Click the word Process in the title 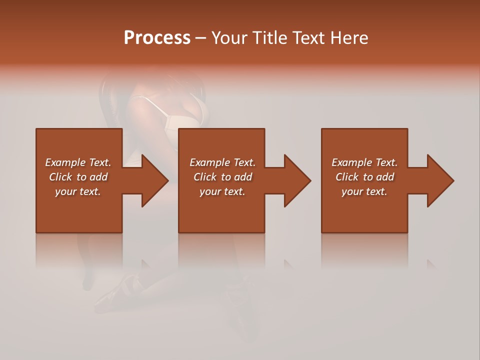click(x=157, y=38)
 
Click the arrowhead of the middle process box click(x=297, y=180)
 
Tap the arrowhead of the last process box click(x=440, y=180)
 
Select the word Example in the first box click(x=65, y=162)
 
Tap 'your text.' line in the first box click(x=78, y=191)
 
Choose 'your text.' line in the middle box click(x=222, y=191)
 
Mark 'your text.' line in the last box click(x=364, y=191)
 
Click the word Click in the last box click(x=347, y=177)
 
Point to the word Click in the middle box click(x=205, y=177)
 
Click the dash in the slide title click(x=201, y=38)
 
